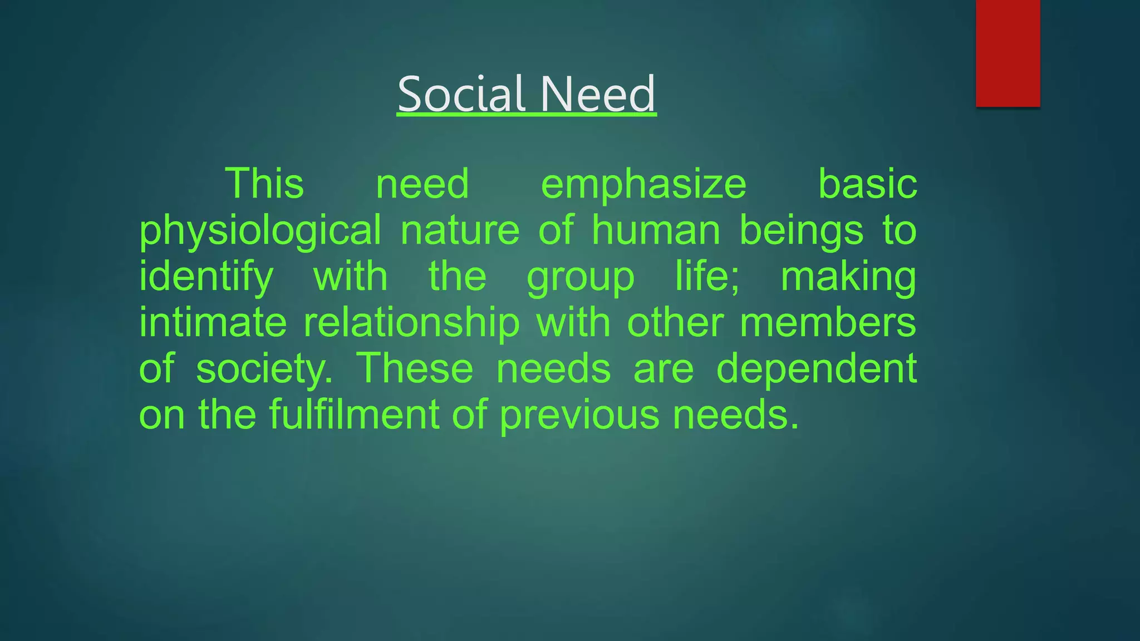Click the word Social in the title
pos(461,94)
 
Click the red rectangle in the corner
pos(1008,53)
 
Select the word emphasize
pos(643,185)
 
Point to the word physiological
pos(260,231)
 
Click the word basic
pos(867,185)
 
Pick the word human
pos(656,230)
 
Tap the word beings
pos(801,231)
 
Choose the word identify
pos(206,278)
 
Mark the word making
pos(848,278)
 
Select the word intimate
pos(213,323)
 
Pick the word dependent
pos(816,369)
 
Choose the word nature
pos(460,231)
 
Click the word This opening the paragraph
pos(264,185)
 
